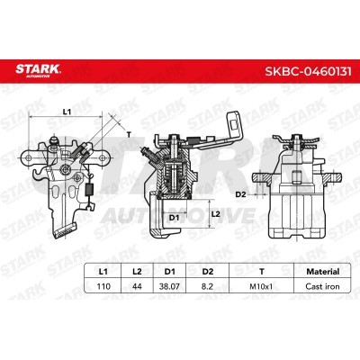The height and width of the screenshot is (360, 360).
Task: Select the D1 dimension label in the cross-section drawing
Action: tap(174, 216)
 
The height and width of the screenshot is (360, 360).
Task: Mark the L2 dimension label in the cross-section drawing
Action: tap(216, 213)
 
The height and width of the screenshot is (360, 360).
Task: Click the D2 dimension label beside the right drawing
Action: tap(239, 193)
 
